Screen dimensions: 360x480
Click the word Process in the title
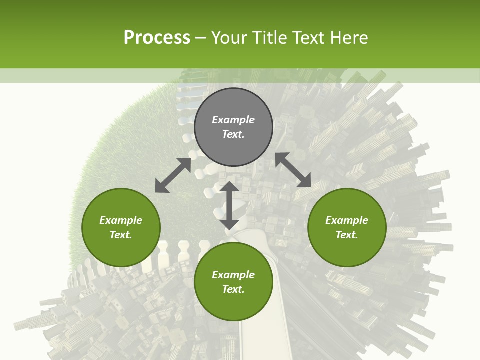(157, 38)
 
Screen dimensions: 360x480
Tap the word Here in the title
(349, 38)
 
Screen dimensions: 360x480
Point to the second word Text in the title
(310, 38)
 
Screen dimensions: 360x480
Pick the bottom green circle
(233, 300)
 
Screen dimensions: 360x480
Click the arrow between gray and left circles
(173, 175)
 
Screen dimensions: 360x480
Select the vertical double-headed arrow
(229, 205)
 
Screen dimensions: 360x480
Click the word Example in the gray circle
(233, 120)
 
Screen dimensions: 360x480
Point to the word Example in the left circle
(121, 220)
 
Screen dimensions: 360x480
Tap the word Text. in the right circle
(347, 235)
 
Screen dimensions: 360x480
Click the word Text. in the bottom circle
(233, 289)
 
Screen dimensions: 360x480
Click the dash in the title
(200, 38)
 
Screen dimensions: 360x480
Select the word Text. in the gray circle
(233, 134)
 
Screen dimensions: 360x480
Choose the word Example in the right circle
(347, 220)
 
